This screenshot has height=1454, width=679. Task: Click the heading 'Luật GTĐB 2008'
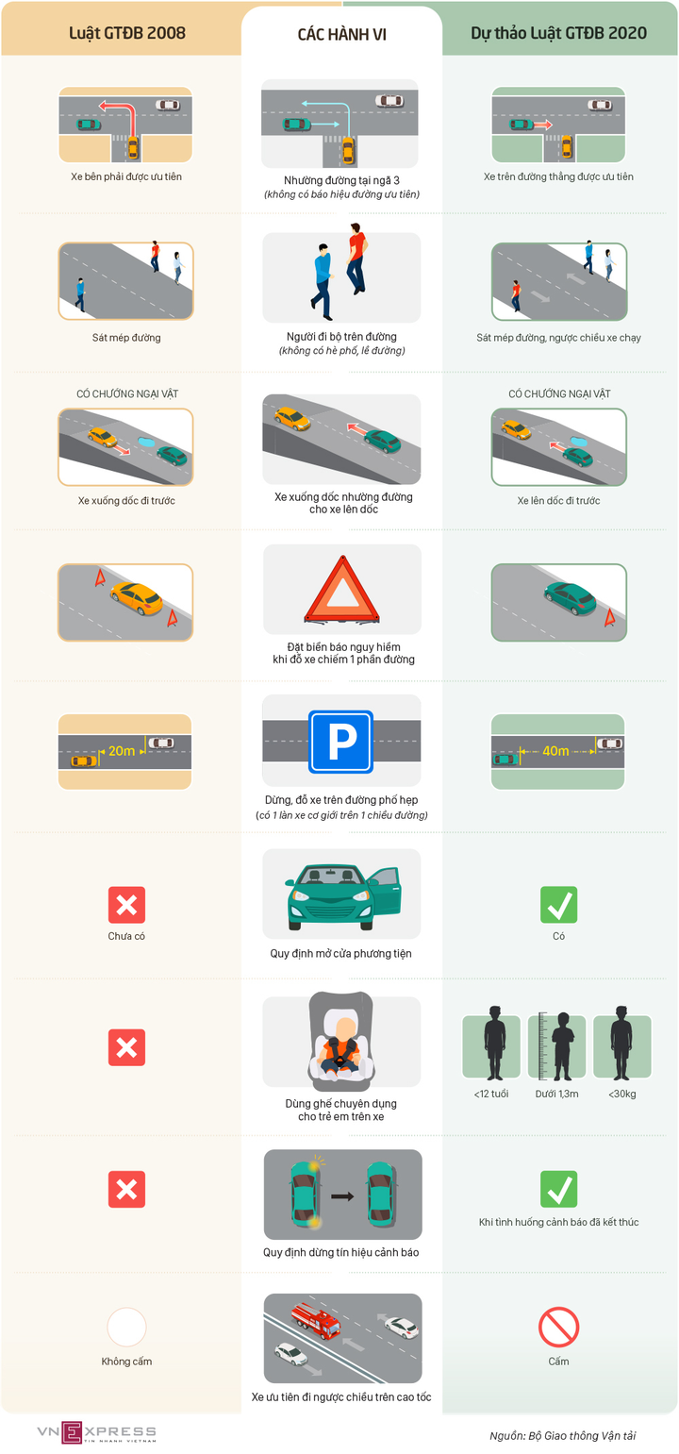point(127,33)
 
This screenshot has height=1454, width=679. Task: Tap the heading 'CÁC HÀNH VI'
point(341,34)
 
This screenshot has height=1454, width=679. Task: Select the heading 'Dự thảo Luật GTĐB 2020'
point(558,33)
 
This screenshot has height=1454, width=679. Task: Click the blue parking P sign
point(341,742)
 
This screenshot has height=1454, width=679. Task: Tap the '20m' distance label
point(122,751)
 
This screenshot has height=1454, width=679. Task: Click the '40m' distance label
point(555,751)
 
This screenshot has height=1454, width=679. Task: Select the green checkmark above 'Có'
point(558,904)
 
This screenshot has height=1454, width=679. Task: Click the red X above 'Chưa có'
point(126,904)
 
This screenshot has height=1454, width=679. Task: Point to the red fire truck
point(316,1320)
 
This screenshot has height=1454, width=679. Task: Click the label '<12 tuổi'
point(491,1094)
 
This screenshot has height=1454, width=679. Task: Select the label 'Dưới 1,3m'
point(556,1094)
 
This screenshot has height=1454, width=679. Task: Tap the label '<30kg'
point(621,1094)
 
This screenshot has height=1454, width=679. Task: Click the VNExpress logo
point(96,1431)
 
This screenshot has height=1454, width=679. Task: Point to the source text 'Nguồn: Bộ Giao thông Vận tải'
point(562,1435)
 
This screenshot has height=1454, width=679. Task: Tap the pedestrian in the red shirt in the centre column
point(356,258)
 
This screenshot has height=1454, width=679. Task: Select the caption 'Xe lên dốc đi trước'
point(558,500)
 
